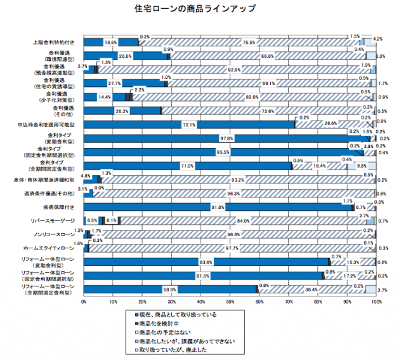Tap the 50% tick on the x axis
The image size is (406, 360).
230,302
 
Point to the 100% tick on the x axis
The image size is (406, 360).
377,302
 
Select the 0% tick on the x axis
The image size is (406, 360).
84,302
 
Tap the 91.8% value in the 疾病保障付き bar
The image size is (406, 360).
218,207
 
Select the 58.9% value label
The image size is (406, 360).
170,290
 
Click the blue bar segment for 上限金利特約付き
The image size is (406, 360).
111,43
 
